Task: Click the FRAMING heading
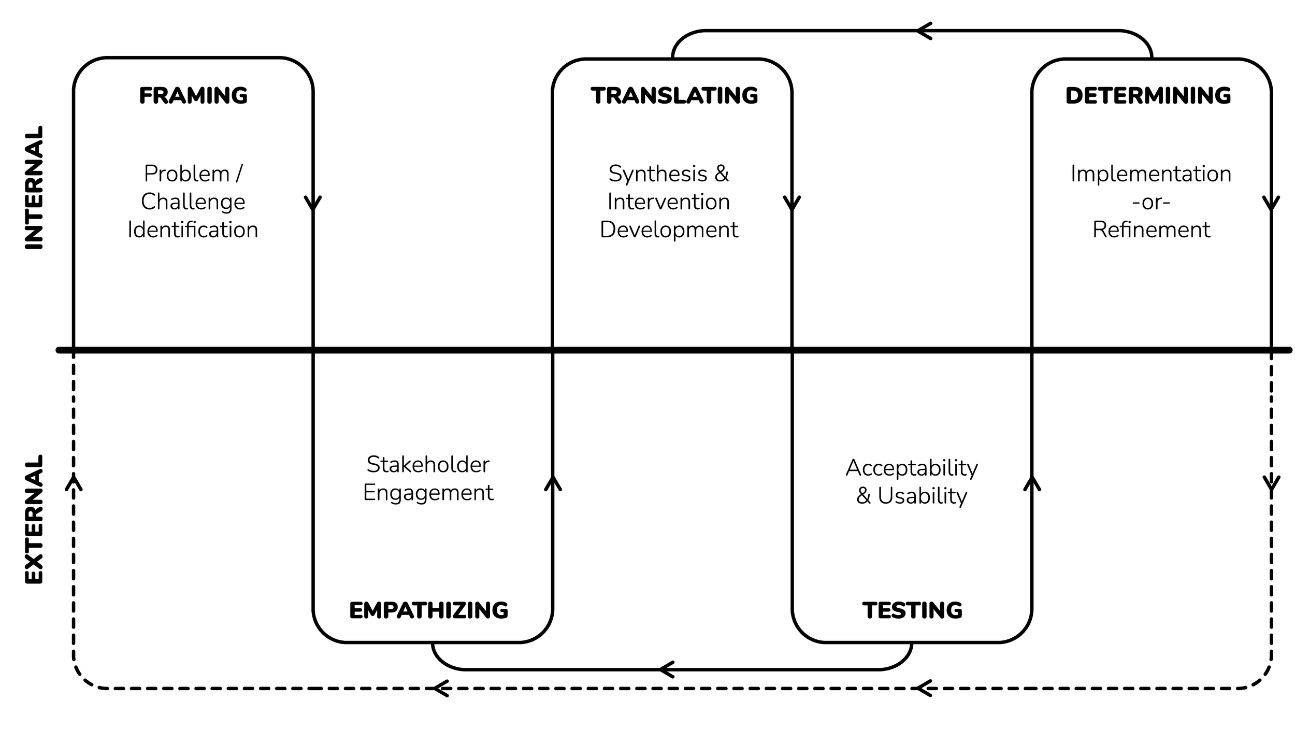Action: point(193,96)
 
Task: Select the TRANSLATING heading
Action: point(674,96)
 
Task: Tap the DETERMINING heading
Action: point(1148,96)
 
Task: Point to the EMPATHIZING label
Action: point(429,611)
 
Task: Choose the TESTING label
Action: point(913,611)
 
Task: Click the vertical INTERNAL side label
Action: point(34,188)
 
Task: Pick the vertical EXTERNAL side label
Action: point(34,520)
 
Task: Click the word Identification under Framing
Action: point(193,230)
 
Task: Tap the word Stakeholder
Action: point(428,464)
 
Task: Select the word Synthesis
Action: point(657,174)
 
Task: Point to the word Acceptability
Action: point(912,468)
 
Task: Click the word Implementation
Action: point(1151,174)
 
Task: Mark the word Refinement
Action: point(1152,230)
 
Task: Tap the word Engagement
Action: point(428,493)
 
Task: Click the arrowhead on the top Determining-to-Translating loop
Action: point(924,31)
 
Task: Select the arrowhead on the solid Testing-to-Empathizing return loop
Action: point(667,669)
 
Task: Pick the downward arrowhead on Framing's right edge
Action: point(313,204)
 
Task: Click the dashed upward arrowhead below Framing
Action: point(74,482)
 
